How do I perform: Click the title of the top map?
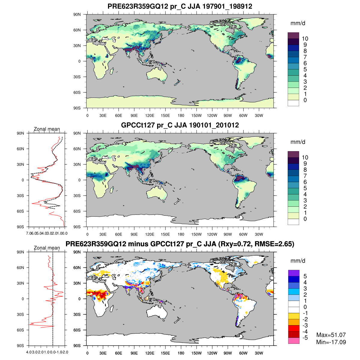click(x=180, y=6)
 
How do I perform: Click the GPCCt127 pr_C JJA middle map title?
click(x=180, y=125)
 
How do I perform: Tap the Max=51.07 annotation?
click(x=331, y=335)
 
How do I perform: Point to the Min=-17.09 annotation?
click(x=331, y=342)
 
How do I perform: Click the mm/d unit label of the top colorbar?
click(x=298, y=23)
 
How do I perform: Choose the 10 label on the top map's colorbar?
click(x=305, y=39)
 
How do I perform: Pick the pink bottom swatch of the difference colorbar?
click(x=294, y=340)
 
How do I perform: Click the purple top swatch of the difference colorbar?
click(x=294, y=273)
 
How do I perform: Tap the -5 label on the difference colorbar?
click(x=305, y=338)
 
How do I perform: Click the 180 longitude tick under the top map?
click(x=181, y=115)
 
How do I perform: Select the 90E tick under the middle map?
click(x=134, y=234)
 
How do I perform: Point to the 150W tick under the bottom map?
click(x=196, y=353)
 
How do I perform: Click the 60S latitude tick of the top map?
click(x=77, y=92)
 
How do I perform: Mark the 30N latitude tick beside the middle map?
click(x=77, y=164)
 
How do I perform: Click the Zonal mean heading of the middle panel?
click(x=47, y=129)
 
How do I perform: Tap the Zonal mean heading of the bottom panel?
click(x=47, y=248)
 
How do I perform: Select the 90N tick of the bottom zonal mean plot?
click(x=21, y=252)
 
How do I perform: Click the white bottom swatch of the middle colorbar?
click(x=293, y=222)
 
